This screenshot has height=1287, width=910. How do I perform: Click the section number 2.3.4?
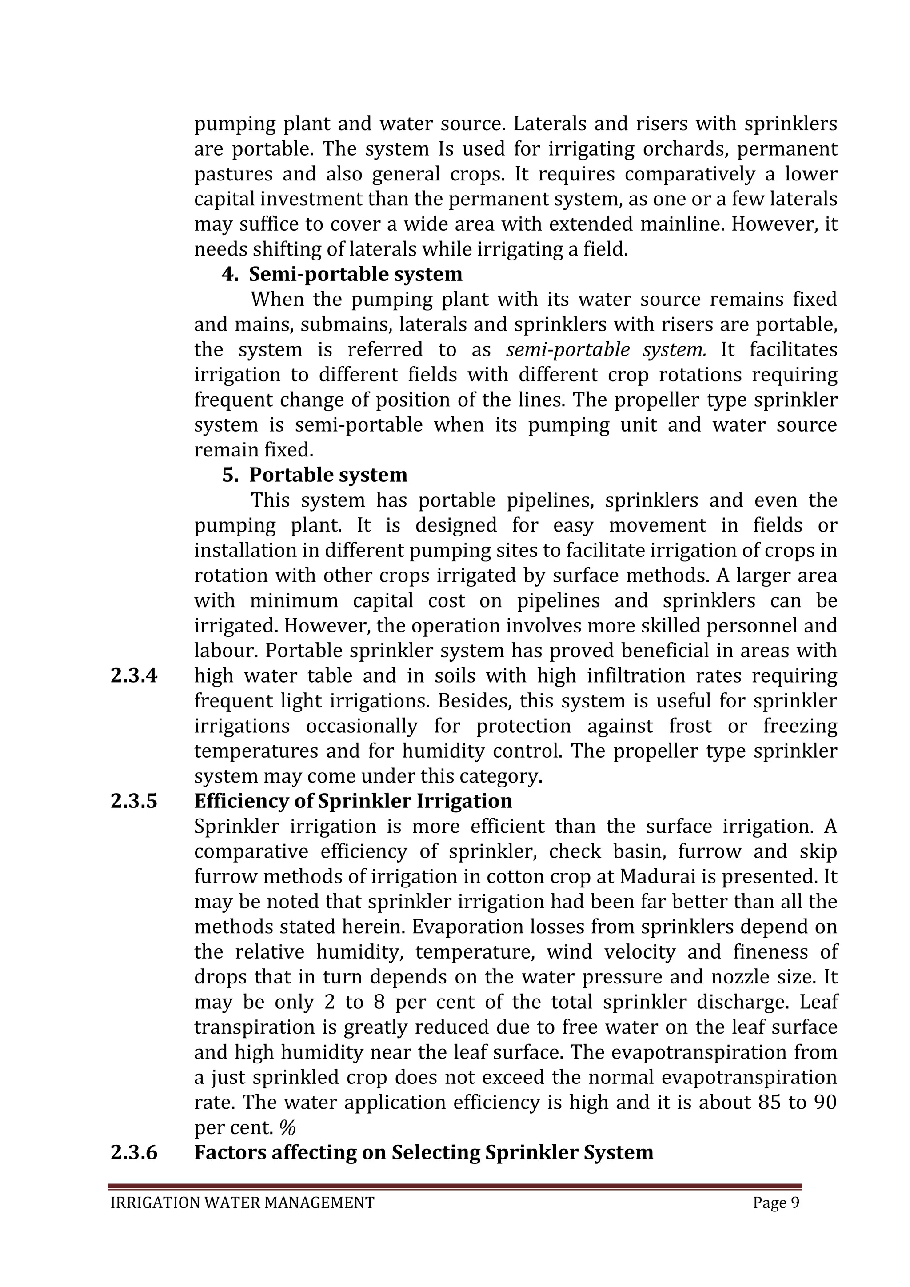pos(134,676)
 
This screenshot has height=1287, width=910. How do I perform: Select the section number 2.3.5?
pos(134,801)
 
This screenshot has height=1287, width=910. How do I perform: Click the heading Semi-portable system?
pos(355,274)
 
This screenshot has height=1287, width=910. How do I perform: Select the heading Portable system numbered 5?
pos(328,475)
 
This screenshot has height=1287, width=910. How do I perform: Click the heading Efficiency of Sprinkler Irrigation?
pos(353,801)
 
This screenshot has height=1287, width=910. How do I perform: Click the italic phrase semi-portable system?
pos(605,350)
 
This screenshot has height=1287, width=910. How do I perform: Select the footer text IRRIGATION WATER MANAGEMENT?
pos(242,1203)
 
